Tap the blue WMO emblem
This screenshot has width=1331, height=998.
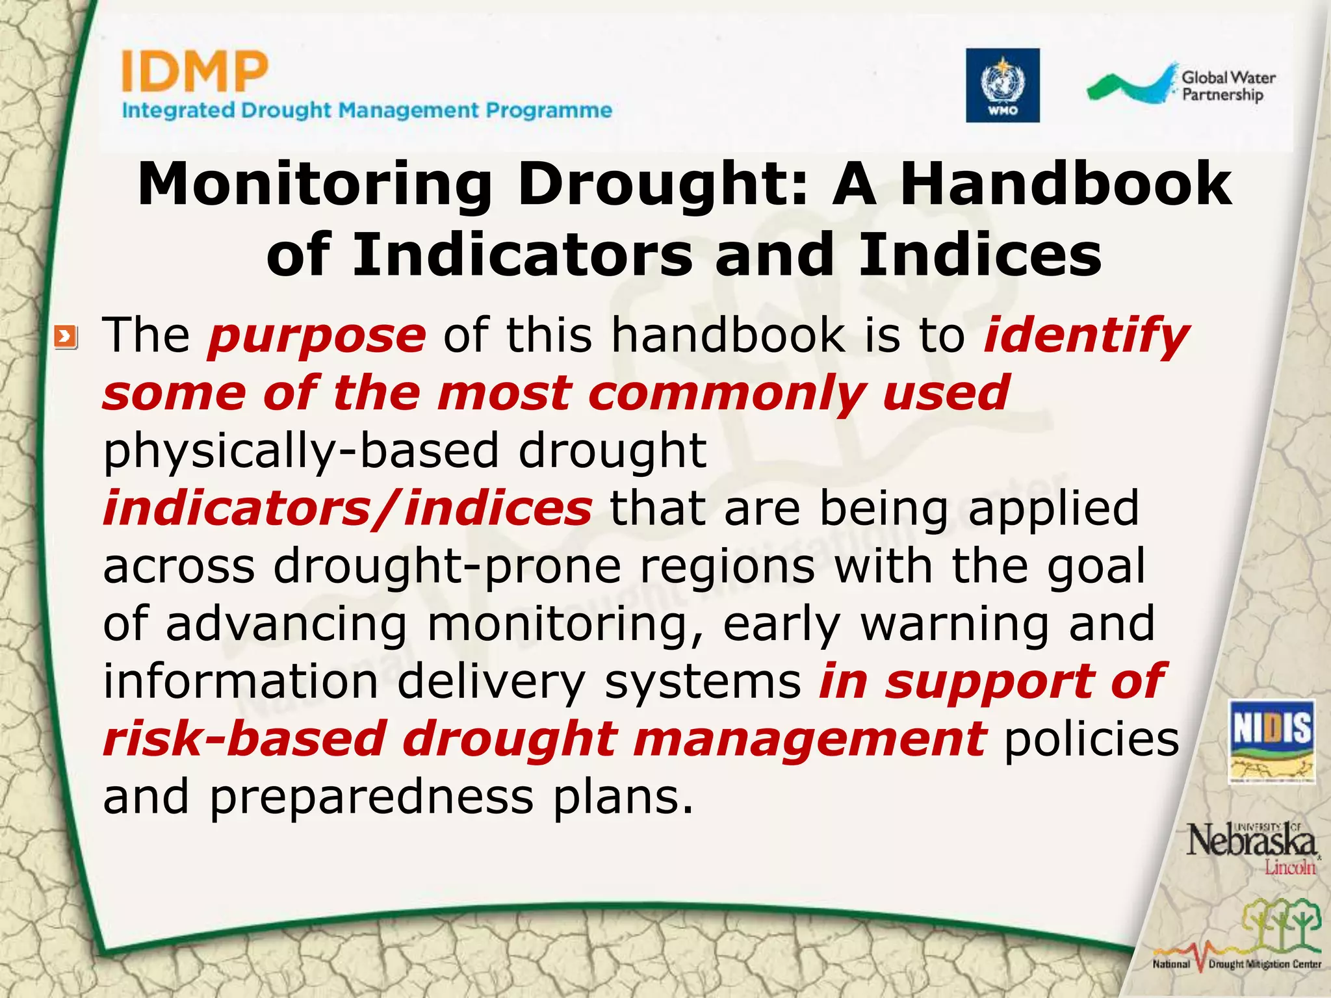pyautogui.click(x=1002, y=85)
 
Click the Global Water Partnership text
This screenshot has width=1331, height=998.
pyautogui.click(x=1227, y=86)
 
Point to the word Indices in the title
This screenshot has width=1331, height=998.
pyautogui.click(x=980, y=255)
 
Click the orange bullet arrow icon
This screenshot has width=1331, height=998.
pyautogui.click(x=66, y=337)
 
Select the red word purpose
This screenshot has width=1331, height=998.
pyautogui.click(x=317, y=336)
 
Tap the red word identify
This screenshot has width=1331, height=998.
pyautogui.click(x=1086, y=336)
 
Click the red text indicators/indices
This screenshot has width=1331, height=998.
pyautogui.click(x=347, y=508)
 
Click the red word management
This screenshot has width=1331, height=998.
pyautogui.click(x=809, y=739)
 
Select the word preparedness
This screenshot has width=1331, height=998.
pyautogui.click(x=371, y=797)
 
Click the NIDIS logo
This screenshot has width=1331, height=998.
pyautogui.click(x=1272, y=741)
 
